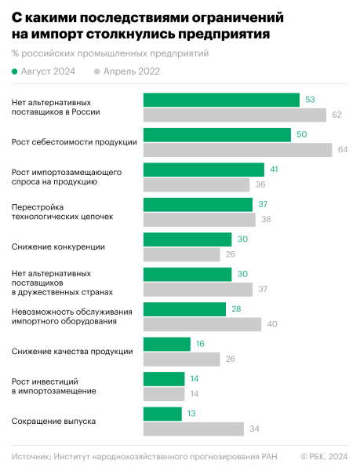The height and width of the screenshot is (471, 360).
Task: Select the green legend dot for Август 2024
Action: coord(15,71)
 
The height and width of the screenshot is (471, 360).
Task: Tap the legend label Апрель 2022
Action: coord(127,71)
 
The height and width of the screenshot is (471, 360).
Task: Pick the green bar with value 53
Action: coord(221,100)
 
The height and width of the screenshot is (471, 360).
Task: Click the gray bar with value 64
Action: coord(237,150)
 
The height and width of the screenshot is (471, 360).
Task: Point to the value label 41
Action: coord(275,169)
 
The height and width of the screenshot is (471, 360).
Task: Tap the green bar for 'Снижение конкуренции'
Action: coord(187,239)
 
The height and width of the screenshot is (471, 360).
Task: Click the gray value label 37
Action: coord(264,289)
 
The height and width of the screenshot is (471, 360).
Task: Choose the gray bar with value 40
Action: coord(202,323)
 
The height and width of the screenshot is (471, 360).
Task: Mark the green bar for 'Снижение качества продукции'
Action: coord(167,344)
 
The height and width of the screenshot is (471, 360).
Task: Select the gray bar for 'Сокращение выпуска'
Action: coord(194,429)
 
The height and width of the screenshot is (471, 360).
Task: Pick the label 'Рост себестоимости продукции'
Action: coord(75,142)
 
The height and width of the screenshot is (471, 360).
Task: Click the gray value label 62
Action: coord(336,115)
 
